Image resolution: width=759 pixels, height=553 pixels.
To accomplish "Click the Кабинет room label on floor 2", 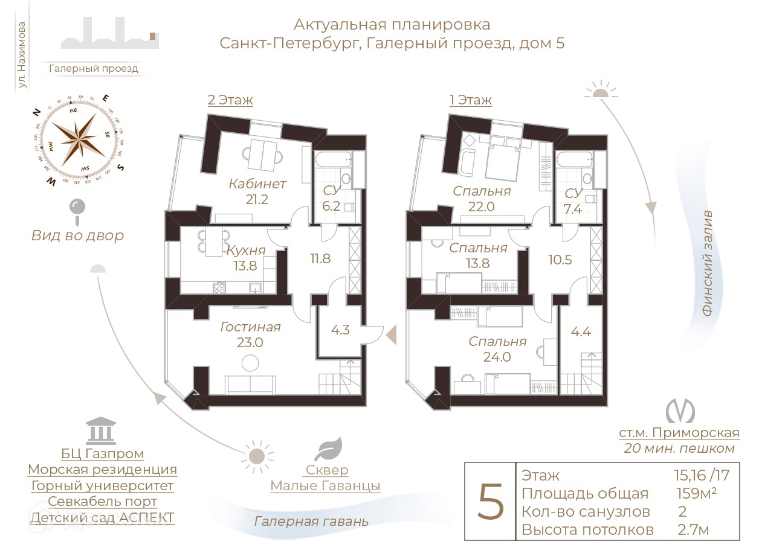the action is pyautogui.click(x=257, y=184).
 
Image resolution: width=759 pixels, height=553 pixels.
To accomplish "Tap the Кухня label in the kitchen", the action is pyautogui.click(x=246, y=250).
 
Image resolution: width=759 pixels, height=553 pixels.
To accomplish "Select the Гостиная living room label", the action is pyautogui.click(x=250, y=327).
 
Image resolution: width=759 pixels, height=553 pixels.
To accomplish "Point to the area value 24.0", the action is pyautogui.click(x=498, y=357).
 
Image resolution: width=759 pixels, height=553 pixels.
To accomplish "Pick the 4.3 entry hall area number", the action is pyautogui.click(x=340, y=330).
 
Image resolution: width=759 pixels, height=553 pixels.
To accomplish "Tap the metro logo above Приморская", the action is pyautogui.click(x=680, y=411).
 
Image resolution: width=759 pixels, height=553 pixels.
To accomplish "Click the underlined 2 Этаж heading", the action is pyautogui.click(x=230, y=100).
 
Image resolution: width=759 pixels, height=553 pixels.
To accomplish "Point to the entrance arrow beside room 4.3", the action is pyautogui.click(x=391, y=333).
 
